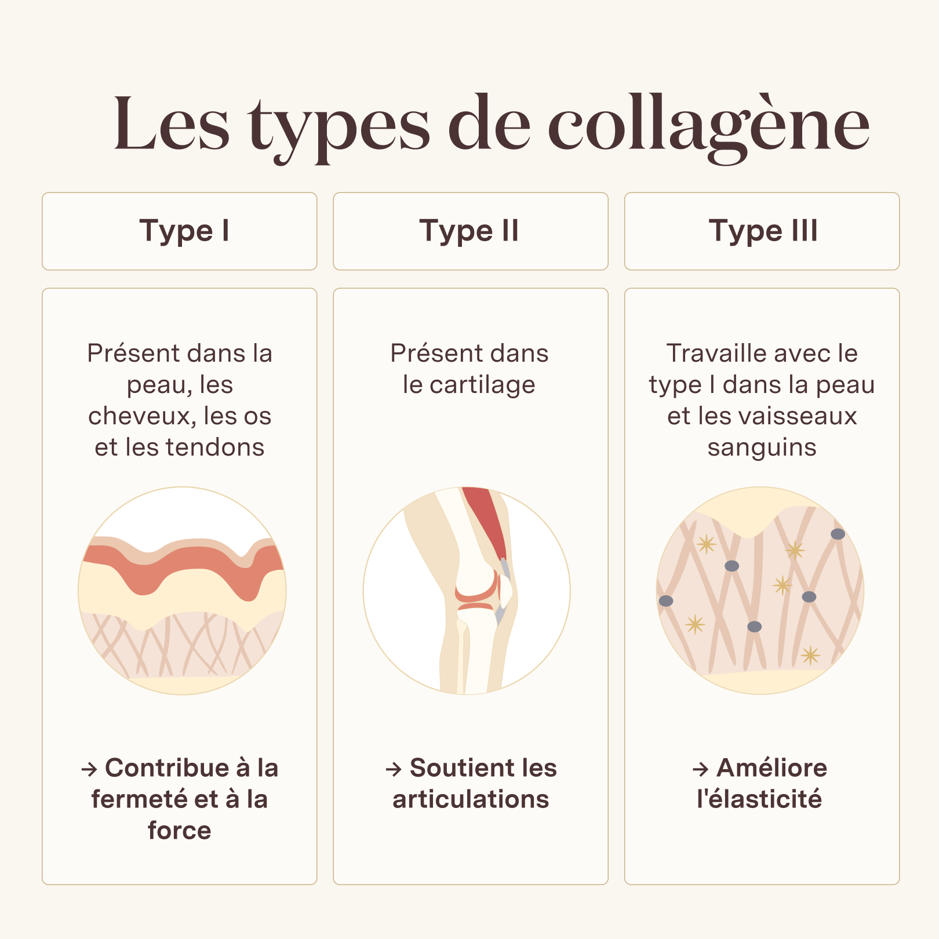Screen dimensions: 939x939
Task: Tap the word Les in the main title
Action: tap(172, 125)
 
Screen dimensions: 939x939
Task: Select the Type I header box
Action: tap(180, 231)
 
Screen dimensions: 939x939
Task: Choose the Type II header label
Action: tap(469, 231)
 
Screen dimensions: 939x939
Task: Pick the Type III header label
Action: tap(763, 231)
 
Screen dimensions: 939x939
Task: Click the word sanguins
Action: tap(762, 448)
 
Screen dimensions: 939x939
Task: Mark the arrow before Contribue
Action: tap(89, 769)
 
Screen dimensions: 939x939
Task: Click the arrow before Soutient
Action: tap(394, 769)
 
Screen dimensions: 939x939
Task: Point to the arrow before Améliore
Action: tap(701, 769)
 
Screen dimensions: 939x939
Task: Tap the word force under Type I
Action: tap(180, 831)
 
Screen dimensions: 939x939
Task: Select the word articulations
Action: tap(471, 799)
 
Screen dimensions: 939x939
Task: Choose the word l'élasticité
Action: tap(759, 799)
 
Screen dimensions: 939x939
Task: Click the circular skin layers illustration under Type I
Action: tap(182, 591)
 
